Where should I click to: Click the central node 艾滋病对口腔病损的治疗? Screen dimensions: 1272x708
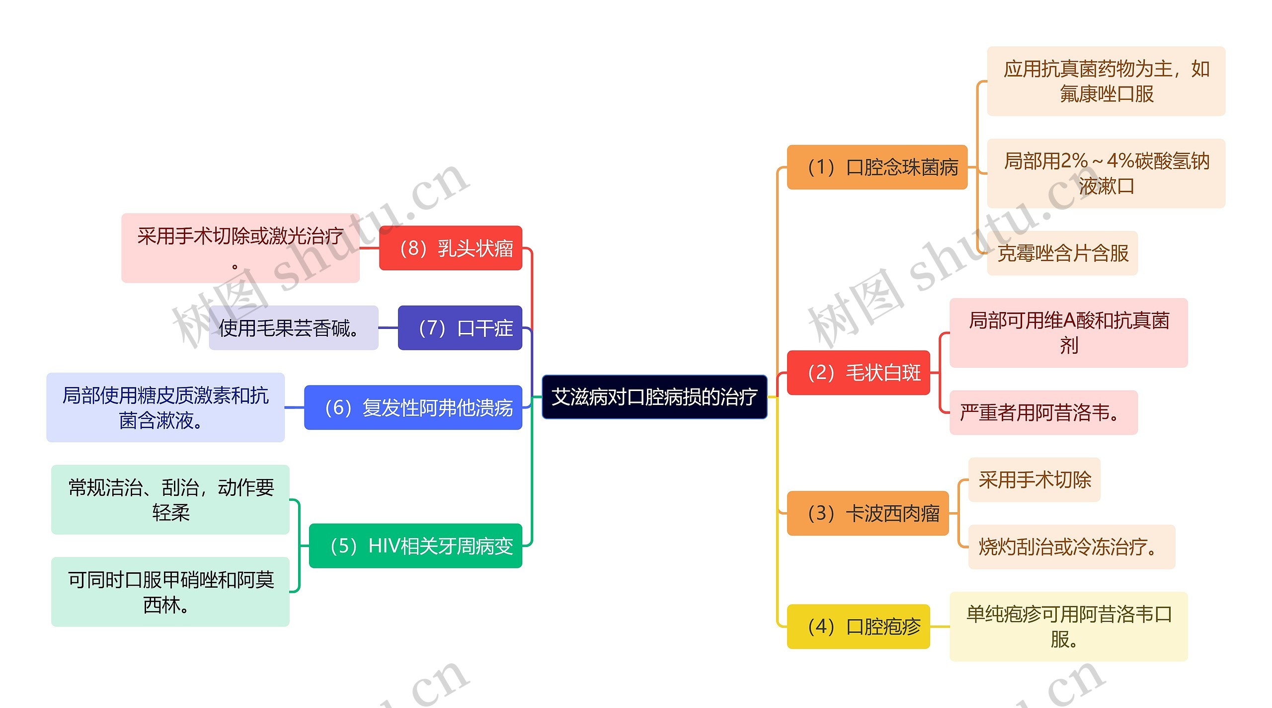[654, 397]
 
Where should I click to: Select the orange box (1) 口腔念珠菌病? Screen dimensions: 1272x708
[877, 167]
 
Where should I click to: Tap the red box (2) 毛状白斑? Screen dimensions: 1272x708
[858, 373]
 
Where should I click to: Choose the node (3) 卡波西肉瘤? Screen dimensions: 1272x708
[868, 513]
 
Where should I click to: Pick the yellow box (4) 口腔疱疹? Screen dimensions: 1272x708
[858, 627]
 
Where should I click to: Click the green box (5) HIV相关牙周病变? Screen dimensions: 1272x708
[415, 546]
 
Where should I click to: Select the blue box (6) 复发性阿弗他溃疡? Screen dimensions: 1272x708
[413, 407]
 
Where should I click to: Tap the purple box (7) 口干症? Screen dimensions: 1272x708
[460, 328]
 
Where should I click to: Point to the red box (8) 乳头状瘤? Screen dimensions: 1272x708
[450, 248]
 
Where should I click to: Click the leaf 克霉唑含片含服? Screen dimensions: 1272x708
[1062, 253]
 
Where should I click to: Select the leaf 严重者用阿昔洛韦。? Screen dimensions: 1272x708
[1043, 413]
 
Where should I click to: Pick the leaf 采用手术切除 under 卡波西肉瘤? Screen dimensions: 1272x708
[1034, 480]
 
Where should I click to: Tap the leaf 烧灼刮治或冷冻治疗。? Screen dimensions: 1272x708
[1071, 547]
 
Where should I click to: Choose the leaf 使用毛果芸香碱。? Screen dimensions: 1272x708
[293, 328]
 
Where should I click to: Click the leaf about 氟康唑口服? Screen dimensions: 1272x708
[1106, 81]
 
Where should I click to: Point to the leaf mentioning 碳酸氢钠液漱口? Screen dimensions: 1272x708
[1106, 173]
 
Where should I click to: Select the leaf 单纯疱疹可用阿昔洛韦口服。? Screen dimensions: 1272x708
[1068, 627]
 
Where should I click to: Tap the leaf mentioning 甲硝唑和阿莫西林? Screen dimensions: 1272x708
[170, 592]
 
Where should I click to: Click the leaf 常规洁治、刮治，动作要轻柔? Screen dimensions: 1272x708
[170, 500]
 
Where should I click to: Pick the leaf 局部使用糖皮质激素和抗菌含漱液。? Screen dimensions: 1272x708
[165, 407]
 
